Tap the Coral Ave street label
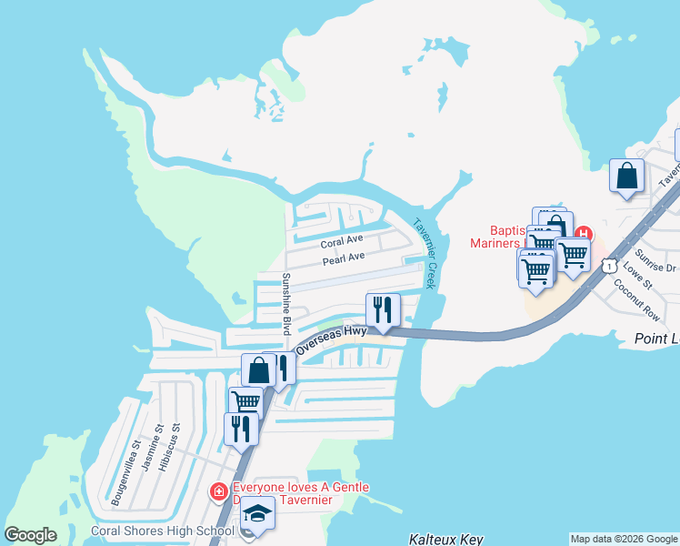[x=342, y=243]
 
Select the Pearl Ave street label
[x=344, y=258]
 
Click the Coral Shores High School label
[x=162, y=531]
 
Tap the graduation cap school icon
[x=258, y=513]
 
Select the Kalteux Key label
[x=445, y=539]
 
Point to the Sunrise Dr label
[x=656, y=261]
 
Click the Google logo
[x=30, y=535]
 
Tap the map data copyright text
[x=624, y=539]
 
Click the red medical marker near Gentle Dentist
[x=219, y=493]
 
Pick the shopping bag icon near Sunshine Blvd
[x=259, y=369]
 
